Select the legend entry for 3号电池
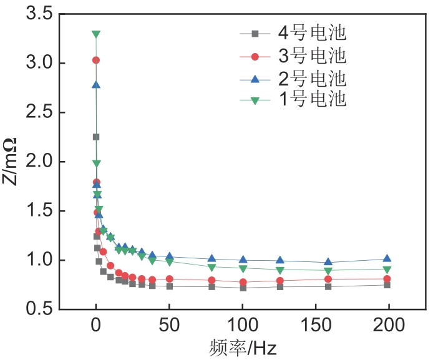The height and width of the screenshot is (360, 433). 293,57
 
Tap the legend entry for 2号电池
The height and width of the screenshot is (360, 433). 293,79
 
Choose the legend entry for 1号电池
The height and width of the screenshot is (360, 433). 293,99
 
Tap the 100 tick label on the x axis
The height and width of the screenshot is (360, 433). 242,326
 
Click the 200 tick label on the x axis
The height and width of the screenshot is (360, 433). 388,326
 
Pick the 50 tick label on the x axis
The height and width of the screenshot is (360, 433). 169,326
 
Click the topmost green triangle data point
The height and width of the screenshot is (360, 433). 96,34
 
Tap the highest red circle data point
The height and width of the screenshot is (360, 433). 96,60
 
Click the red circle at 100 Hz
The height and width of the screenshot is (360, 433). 242,282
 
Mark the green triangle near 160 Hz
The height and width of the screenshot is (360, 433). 329,271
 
